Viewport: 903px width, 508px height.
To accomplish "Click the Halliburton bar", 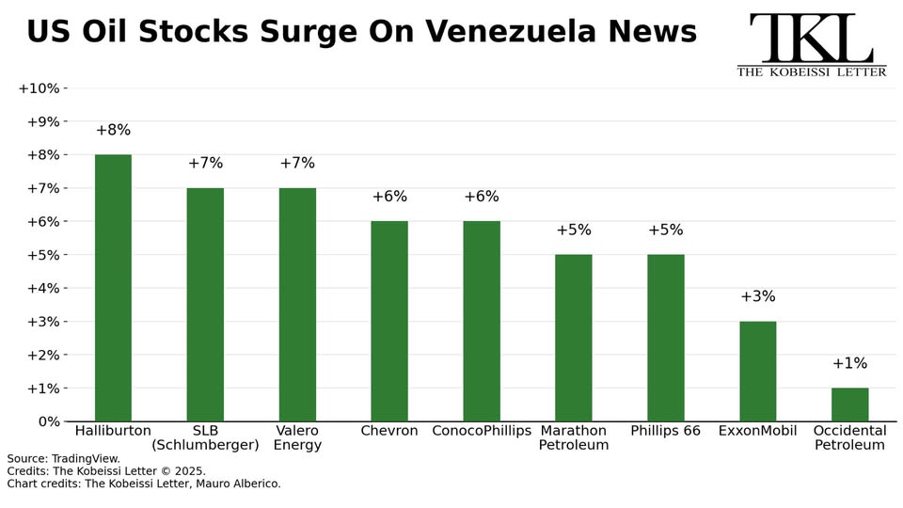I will pyautogui.click(x=113, y=287).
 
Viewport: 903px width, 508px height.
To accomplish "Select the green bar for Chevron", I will pyautogui.click(x=389, y=321).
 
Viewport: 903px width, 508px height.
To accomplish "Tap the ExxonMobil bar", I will pyautogui.click(x=757, y=371).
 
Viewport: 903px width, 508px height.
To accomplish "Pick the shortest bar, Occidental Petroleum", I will pyautogui.click(x=849, y=405).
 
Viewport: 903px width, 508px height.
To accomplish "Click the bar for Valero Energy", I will pyautogui.click(x=297, y=304).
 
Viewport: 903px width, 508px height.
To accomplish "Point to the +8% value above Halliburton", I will pyautogui.click(x=113, y=131).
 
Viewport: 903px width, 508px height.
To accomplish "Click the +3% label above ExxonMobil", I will pyautogui.click(x=757, y=297).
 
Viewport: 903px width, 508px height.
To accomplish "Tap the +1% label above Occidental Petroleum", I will pyautogui.click(x=849, y=364).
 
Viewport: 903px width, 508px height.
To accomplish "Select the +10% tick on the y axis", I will pyautogui.click(x=39, y=88).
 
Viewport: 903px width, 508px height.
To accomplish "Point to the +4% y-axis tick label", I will pyautogui.click(x=41, y=288).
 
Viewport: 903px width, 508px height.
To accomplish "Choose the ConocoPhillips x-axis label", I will pyautogui.click(x=482, y=431).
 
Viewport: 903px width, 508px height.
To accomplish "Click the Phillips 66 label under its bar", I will pyautogui.click(x=665, y=431).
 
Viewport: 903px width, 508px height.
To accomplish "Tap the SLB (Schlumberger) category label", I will pyautogui.click(x=205, y=437).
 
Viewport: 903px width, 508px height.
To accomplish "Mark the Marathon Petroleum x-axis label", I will pyautogui.click(x=574, y=437).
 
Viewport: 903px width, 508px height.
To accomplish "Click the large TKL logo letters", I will pyautogui.click(x=811, y=39).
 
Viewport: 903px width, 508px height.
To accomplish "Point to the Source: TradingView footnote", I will pyautogui.click(x=64, y=459).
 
